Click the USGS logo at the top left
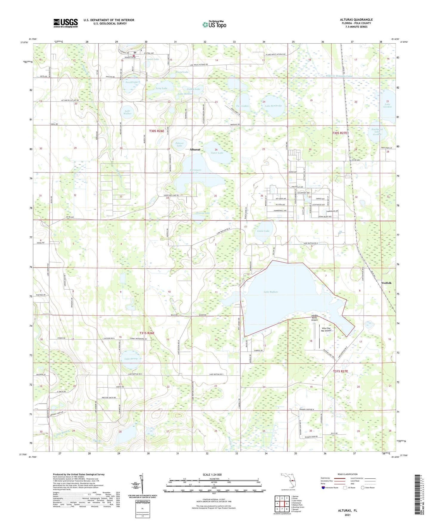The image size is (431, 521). coord(66,23)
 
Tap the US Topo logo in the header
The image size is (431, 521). coord(214,24)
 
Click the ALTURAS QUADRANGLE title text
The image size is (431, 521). coord(356,20)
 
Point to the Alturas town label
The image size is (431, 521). coord(195,149)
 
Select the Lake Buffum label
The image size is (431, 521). coord(271,292)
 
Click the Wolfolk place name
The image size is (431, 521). coord(387,283)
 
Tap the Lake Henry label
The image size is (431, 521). coord(131,359)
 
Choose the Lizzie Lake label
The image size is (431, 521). coord(263,231)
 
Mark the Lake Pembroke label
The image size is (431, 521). coord(273,106)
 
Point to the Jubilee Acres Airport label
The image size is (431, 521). coord(314,318)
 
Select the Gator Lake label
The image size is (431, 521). coord(217,153)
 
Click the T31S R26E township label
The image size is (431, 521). coord(147,333)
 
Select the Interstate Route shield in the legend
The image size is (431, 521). coord(324,488)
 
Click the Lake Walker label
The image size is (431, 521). coord(127,112)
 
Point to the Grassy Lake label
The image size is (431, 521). coord(203,213)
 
